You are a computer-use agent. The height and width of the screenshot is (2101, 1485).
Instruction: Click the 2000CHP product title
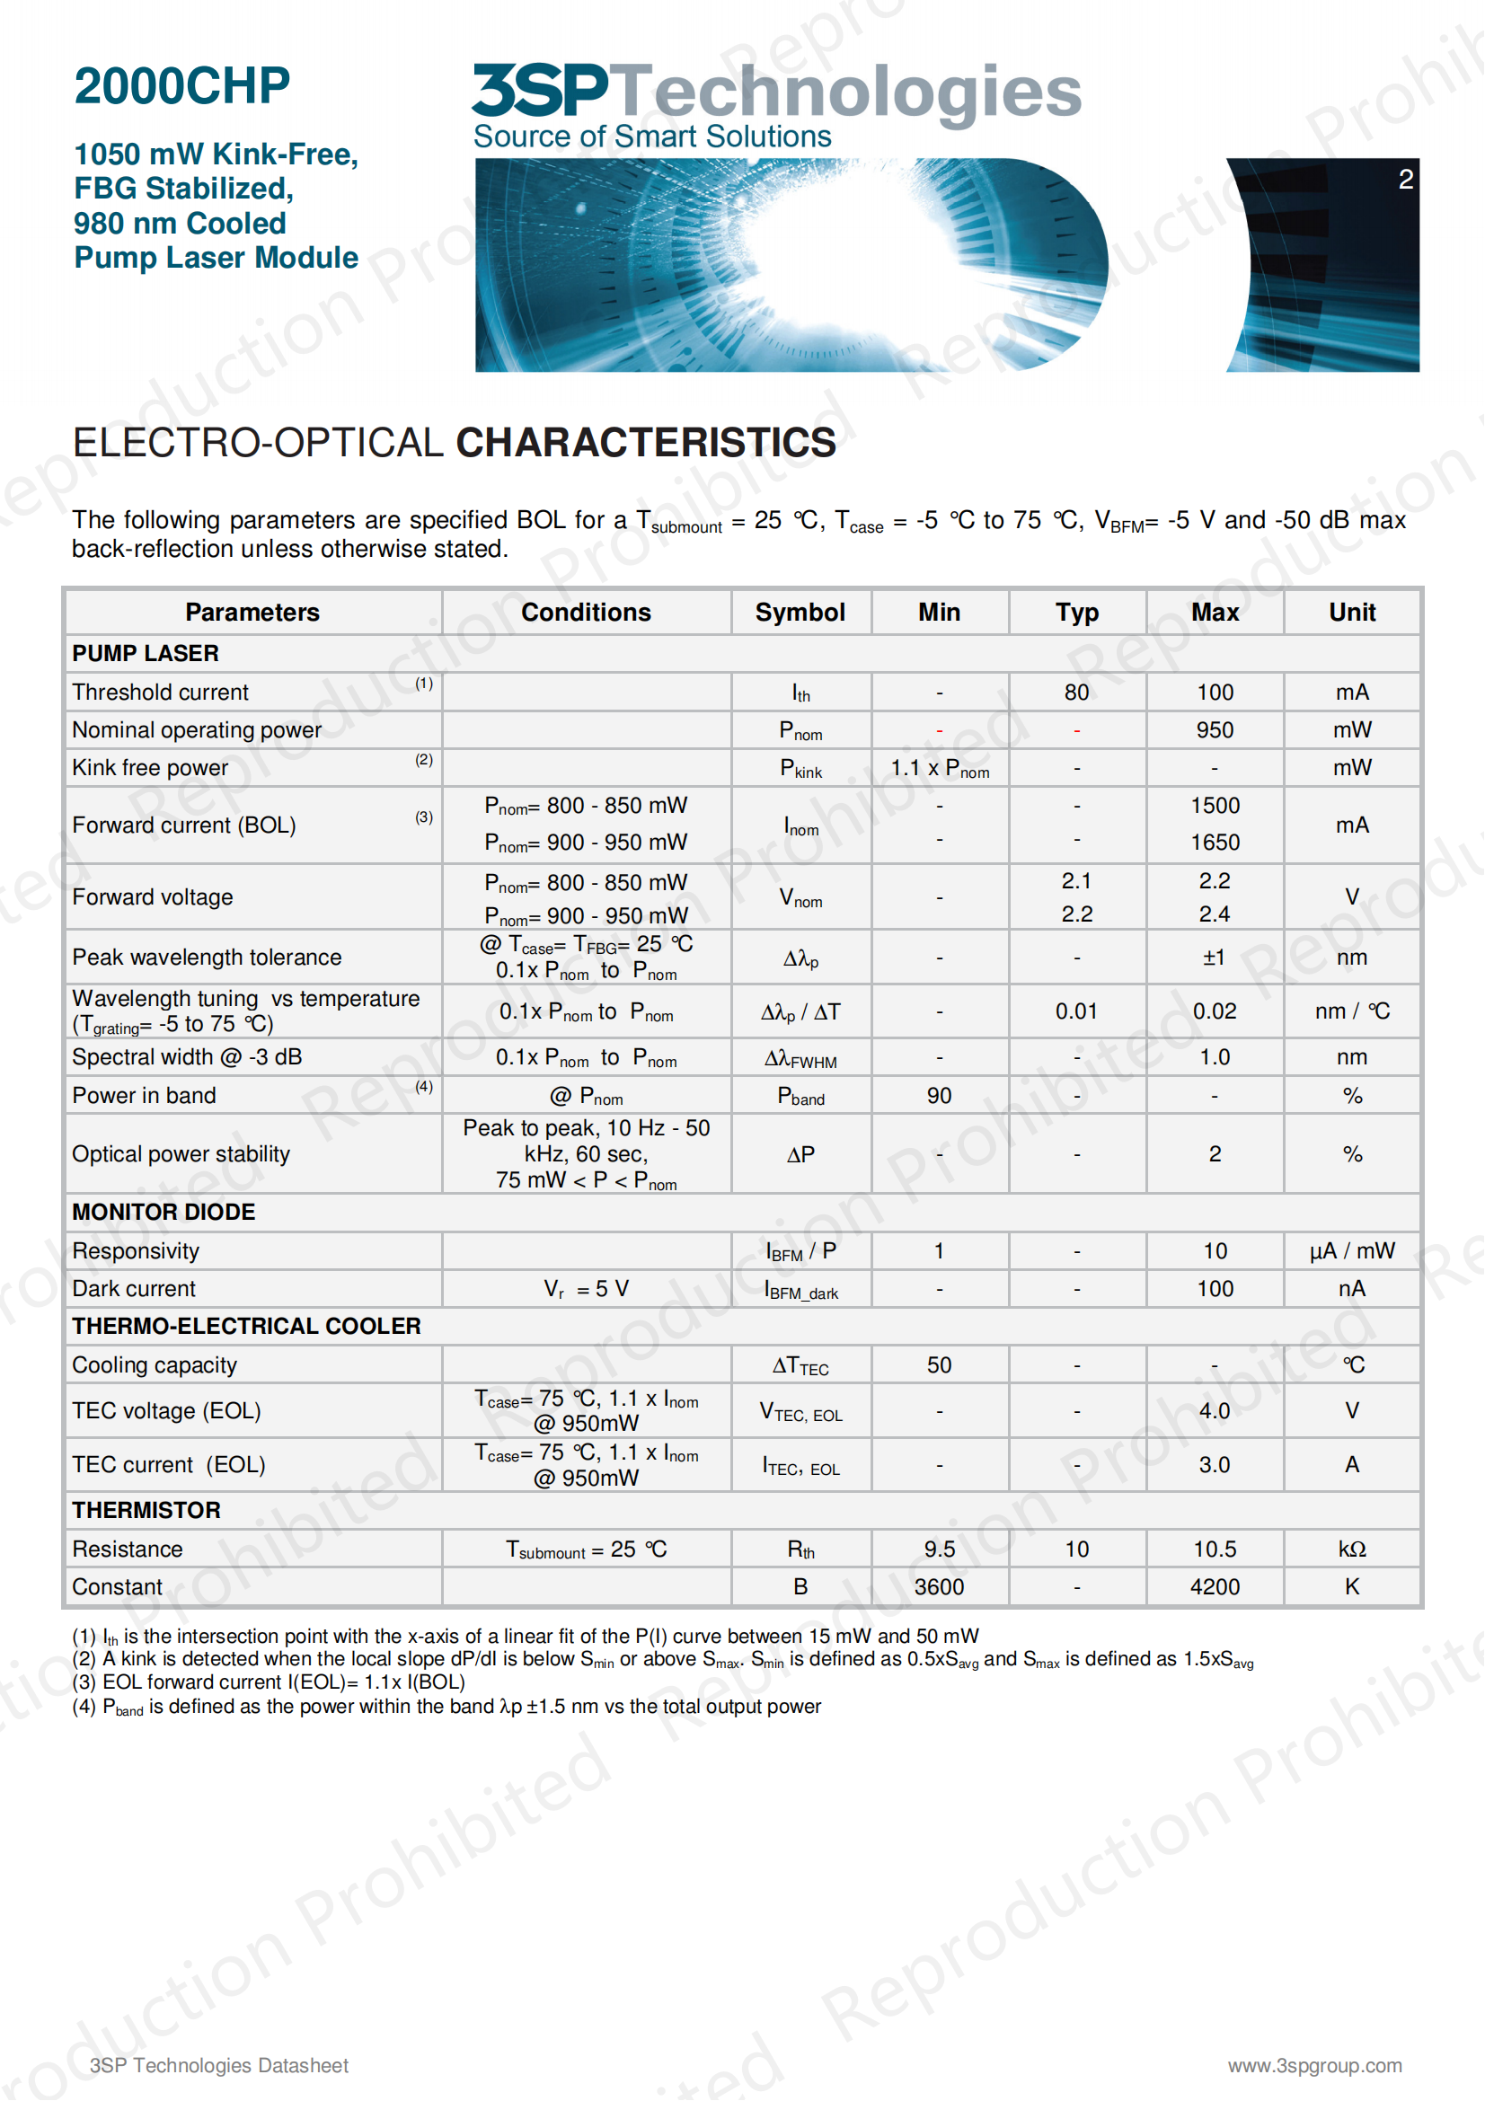pos(181,86)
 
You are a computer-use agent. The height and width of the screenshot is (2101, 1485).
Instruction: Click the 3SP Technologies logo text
pos(776,92)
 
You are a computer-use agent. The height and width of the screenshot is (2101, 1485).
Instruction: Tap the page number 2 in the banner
pos(1405,180)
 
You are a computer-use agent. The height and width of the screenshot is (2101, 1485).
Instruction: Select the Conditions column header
pos(586,613)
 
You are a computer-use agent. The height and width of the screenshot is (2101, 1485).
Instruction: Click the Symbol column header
pos(800,613)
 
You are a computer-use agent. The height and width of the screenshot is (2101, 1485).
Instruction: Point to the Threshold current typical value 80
pos(1076,693)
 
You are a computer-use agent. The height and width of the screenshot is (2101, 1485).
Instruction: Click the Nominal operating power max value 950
pos(1215,730)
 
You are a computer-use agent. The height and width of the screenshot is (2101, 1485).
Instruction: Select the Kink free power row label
pos(150,768)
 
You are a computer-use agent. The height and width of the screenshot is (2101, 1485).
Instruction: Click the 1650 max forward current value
pos(1215,842)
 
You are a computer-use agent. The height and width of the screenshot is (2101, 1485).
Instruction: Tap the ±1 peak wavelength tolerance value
pos(1214,958)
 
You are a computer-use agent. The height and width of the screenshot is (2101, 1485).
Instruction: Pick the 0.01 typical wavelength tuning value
pos(1076,1011)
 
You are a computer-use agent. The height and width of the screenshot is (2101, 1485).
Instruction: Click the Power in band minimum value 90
pos(939,1095)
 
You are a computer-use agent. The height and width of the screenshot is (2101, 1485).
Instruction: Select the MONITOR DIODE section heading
pos(164,1212)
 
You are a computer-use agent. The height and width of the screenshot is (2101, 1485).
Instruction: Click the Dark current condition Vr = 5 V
pos(586,1288)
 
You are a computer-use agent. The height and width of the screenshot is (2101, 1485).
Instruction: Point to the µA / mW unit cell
pos(1351,1251)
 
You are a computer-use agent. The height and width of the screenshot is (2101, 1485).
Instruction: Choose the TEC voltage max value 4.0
pos(1215,1410)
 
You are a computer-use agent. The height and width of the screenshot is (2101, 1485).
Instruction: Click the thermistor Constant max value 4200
pos(1215,1586)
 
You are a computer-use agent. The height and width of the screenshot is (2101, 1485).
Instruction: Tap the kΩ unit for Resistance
pos(1351,1549)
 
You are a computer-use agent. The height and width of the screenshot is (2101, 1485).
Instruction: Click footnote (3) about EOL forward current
pos(268,1682)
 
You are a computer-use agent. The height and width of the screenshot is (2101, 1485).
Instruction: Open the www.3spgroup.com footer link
pos(1314,2065)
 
